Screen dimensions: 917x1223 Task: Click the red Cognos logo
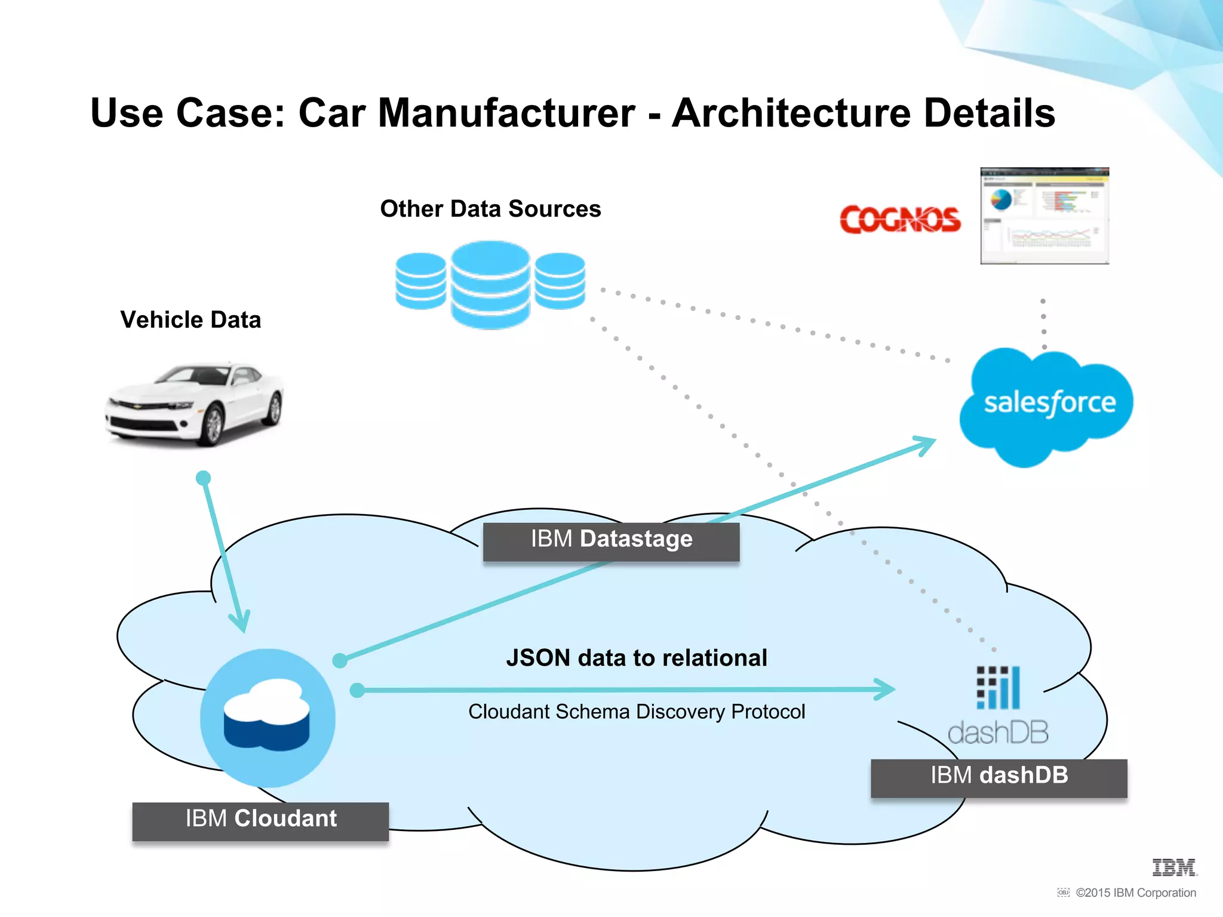click(900, 220)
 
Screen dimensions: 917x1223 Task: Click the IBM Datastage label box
click(611, 541)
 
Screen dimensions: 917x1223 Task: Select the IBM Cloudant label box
click(260, 821)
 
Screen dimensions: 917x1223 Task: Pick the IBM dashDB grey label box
click(998, 777)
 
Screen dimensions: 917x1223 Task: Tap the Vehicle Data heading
click(190, 320)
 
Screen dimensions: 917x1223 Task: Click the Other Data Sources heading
click(490, 209)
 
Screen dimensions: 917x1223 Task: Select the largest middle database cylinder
click(490, 285)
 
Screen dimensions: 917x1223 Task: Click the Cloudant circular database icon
click(268, 717)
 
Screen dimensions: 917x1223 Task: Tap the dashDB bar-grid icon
click(998, 687)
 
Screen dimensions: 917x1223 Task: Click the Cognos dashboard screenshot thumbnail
click(1044, 216)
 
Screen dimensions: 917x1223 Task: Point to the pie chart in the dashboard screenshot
click(1001, 199)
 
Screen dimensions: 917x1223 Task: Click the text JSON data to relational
click(637, 658)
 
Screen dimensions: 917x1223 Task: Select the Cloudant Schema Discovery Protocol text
click(637, 712)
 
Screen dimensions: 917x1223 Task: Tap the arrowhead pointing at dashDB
click(886, 689)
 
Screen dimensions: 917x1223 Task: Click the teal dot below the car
click(203, 478)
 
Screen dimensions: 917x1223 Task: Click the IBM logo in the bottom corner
click(1174, 867)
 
